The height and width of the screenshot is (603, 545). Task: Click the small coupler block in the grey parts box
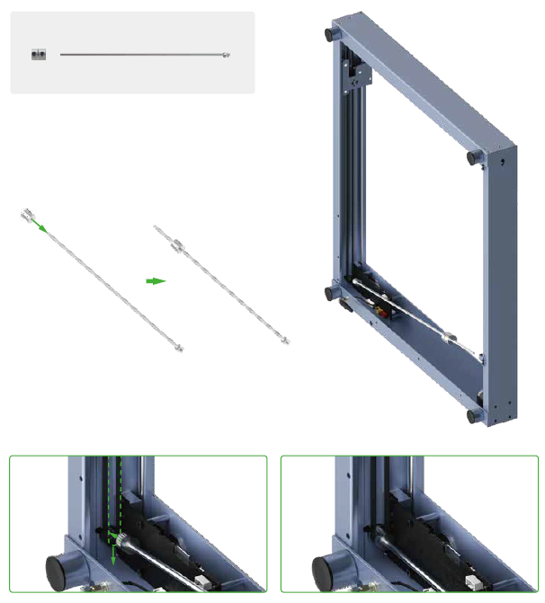[x=38, y=55]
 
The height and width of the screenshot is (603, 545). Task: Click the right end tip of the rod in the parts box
[x=225, y=56]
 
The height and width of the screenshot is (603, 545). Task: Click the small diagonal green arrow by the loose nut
[x=41, y=227]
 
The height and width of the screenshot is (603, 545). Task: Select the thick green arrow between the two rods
[x=156, y=280]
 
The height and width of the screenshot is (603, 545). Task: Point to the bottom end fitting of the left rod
[x=179, y=347]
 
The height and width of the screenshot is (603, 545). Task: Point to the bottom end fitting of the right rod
[x=284, y=340]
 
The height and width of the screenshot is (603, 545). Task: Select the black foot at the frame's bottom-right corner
[x=474, y=415]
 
